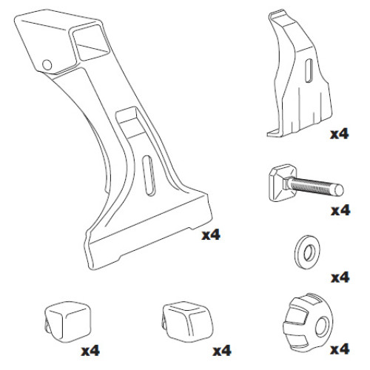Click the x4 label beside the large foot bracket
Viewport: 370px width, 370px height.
click(211, 235)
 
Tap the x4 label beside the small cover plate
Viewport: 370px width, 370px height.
click(340, 135)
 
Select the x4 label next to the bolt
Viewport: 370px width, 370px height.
click(340, 211)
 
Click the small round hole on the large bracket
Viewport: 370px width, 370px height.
click(48, 64)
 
